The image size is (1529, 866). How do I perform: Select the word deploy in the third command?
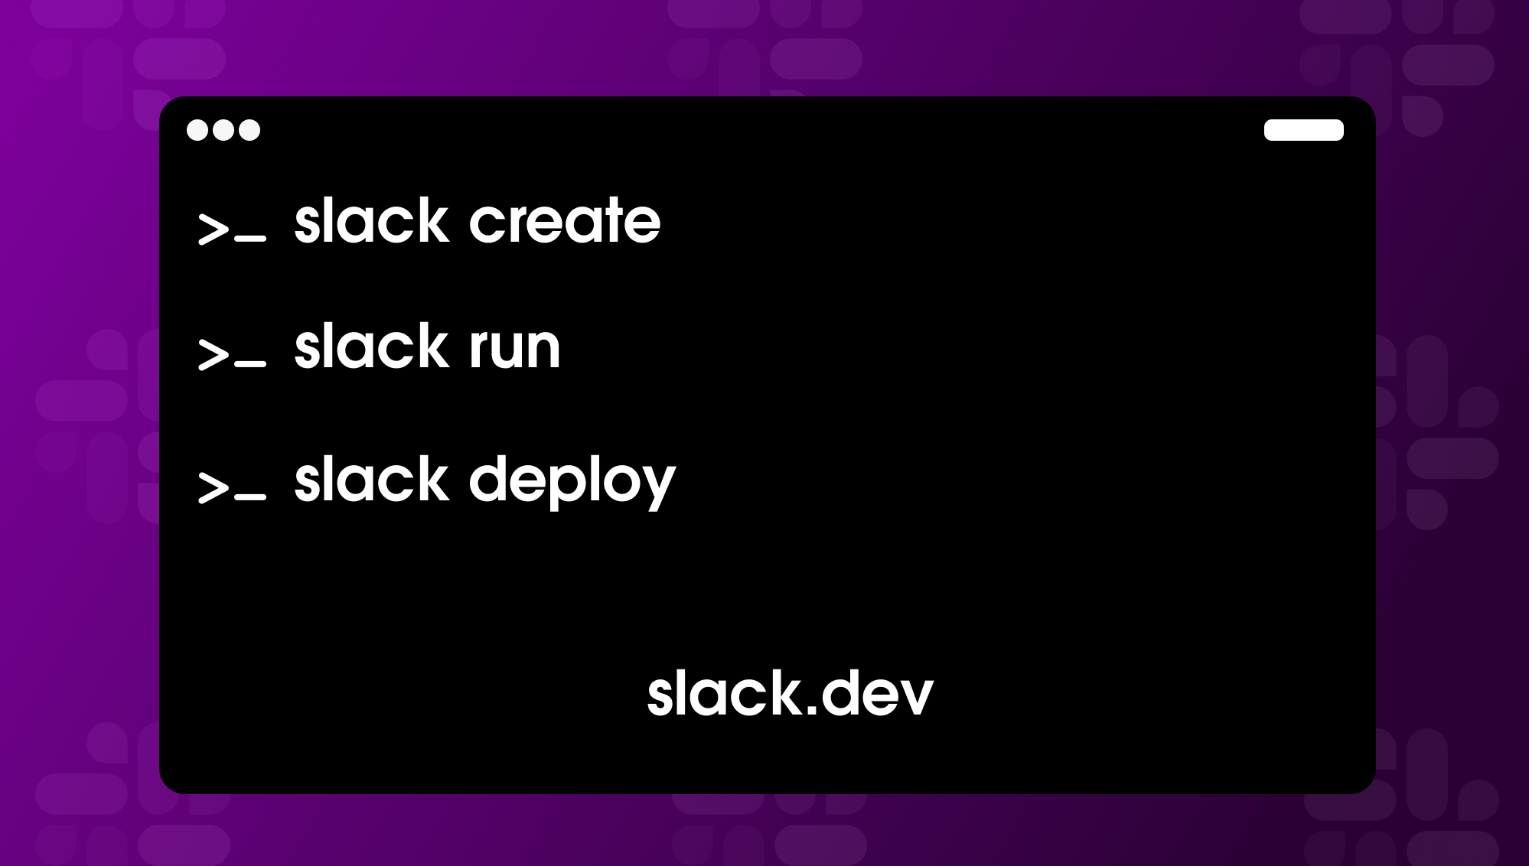click(572, 482)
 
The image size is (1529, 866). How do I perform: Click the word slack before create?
click(371, 222)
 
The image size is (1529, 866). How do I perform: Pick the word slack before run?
click(371, 348)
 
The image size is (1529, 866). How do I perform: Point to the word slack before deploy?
click(371, 480)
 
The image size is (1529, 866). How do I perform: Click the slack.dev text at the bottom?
click(790, 694)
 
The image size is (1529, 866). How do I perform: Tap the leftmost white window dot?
click(197, 130)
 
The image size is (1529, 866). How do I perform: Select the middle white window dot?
click(223, 130)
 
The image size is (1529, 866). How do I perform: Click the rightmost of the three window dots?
click(249, 130)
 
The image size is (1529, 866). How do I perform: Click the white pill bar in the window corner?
click(1303, 130)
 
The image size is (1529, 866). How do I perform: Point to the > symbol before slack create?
click(213, 228)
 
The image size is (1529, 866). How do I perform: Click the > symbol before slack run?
click(213, 354)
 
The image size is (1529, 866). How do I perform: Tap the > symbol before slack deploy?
click(213, 487)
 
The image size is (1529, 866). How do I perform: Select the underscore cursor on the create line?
click(251, 239)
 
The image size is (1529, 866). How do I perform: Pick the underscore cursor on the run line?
click(251, 364)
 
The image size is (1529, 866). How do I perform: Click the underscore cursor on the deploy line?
click(251, 497)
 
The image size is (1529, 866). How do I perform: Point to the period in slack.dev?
click(812, 711)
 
